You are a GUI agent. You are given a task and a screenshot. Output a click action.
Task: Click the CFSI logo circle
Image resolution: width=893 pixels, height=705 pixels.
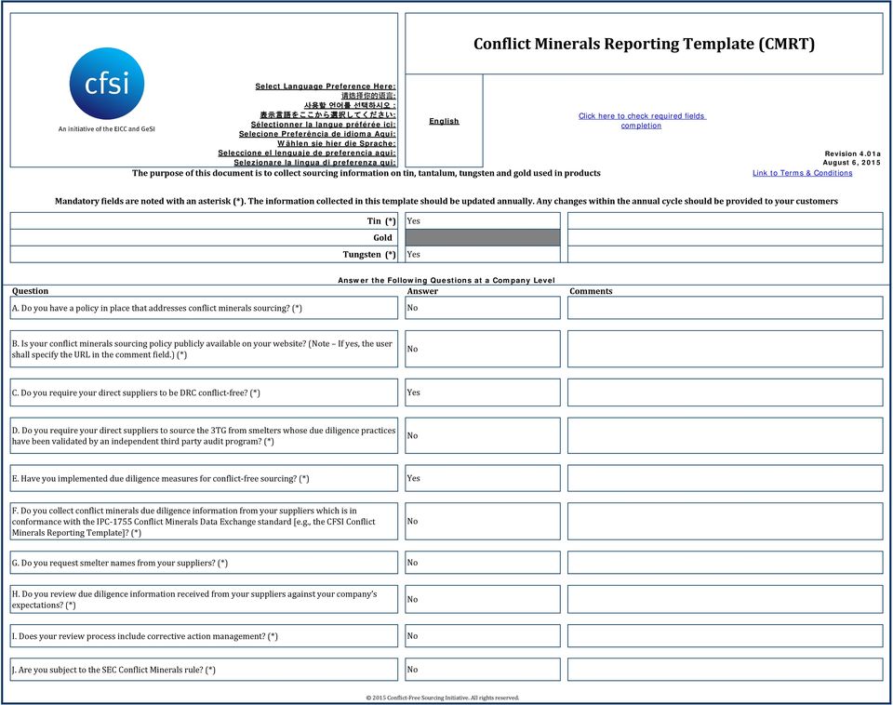(x=107, y=84)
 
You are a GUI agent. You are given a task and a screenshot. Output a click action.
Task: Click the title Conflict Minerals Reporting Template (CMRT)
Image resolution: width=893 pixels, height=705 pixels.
(x=644, y=44)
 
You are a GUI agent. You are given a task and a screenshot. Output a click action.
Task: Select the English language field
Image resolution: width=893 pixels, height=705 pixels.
(x=444, y=121)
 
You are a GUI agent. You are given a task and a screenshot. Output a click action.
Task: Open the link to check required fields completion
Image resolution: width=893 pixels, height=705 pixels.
(x=642, y=121)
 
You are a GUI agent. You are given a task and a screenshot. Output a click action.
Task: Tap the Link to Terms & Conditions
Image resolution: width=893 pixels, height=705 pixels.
(x=802, y=173)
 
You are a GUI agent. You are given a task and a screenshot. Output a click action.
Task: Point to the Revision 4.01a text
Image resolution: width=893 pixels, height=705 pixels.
(x=852, y=153)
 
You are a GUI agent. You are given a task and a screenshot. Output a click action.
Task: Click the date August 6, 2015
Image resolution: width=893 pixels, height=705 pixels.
(x=851, y=163)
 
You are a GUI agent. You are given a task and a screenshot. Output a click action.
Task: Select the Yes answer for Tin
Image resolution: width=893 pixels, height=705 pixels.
(x=482, y=221)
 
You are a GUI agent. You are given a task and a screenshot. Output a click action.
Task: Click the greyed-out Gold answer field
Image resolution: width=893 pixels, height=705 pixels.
(x=482, y=238)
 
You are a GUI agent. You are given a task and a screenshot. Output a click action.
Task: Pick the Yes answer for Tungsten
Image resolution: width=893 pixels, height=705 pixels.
(x=482, y=254)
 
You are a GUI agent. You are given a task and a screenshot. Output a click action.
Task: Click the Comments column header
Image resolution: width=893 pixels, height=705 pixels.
(x=591, y=291)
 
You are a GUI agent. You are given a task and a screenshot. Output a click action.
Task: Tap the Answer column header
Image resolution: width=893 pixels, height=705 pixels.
(x=422, y=291)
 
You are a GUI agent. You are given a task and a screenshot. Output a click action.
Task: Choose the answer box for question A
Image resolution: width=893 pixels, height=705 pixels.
(x=482, y=308)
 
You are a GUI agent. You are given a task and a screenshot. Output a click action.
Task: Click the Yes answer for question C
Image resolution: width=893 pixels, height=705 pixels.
(x=482, y=392)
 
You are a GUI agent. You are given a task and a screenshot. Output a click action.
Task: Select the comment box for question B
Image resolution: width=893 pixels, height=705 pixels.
(x=725, y=349)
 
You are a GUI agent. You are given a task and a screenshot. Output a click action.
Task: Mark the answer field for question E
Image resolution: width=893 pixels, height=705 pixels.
(x=482, y=478)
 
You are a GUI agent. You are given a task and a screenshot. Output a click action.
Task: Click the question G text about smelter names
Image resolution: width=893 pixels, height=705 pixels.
(x=119, y=563)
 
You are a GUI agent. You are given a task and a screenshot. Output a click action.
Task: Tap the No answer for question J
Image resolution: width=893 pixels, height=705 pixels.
(x=482, y=670)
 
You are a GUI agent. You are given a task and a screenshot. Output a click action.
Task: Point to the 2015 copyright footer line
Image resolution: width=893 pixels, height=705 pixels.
(x=443, y=698)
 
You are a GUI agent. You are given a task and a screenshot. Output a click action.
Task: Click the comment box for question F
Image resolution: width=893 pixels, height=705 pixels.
(x=725, y=521)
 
